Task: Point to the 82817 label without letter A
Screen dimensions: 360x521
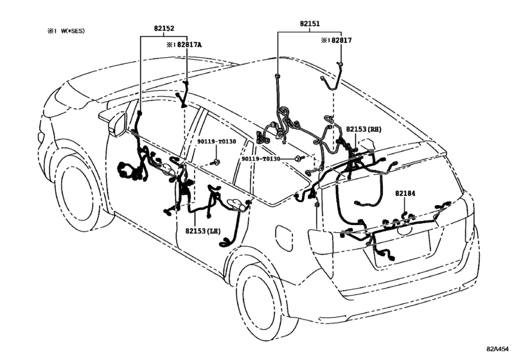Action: [341, 40]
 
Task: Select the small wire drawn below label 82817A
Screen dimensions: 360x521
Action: [184, 93]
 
